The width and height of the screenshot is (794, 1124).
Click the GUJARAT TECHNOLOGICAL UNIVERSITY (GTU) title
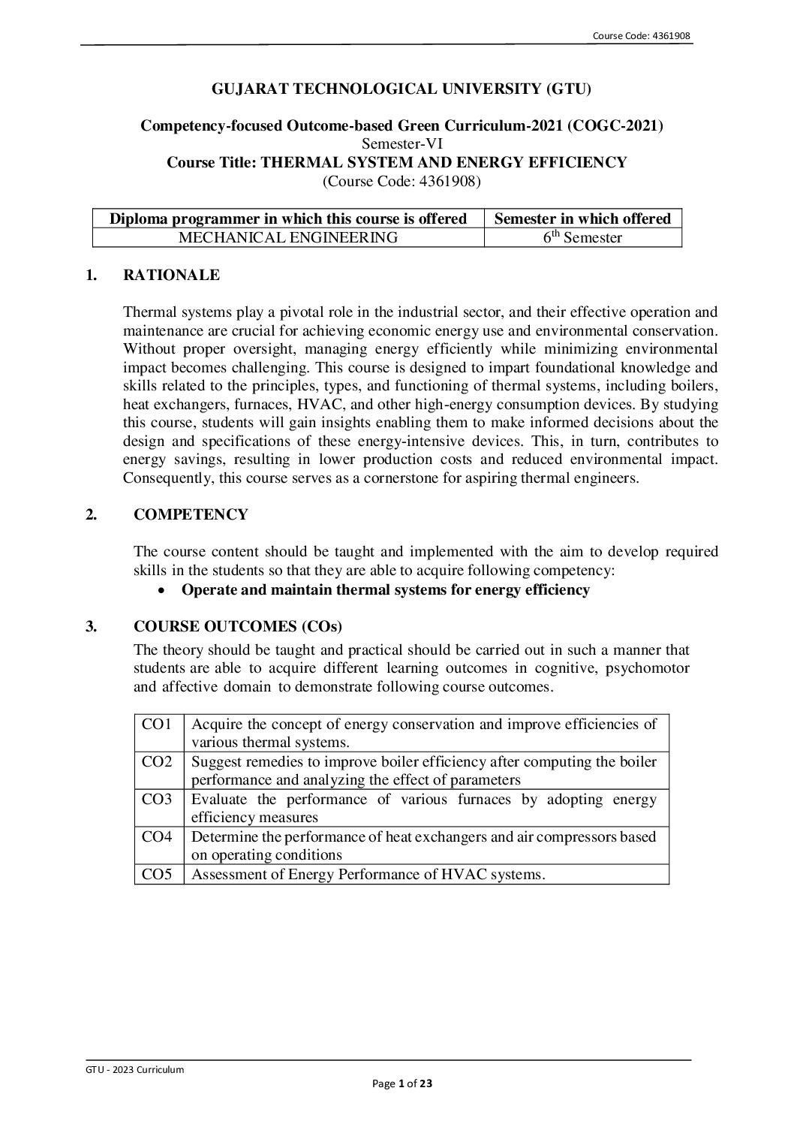point(402,89)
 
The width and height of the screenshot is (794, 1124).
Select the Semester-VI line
point(402,144)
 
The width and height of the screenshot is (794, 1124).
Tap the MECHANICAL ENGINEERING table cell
point(287,238)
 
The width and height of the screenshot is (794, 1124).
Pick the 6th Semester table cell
point(583,238)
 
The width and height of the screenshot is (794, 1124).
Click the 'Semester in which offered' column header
point(583,218)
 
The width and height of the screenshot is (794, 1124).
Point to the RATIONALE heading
point(171,276)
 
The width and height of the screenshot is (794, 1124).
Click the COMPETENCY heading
point(191,514)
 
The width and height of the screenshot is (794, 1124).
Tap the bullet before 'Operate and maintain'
point(162,591)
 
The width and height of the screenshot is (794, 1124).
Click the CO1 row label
point(158,725)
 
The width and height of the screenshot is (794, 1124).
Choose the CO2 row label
point(158,762)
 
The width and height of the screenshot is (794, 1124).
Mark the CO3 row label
point(158,800)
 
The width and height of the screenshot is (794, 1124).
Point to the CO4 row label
point(158,836)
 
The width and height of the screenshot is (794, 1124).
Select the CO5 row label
point(158,874)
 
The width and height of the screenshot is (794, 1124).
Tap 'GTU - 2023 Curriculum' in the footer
point(135,1069)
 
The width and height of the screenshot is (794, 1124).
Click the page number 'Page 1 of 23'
point(403,1083)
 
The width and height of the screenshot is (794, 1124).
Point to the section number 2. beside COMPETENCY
point(92,514)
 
